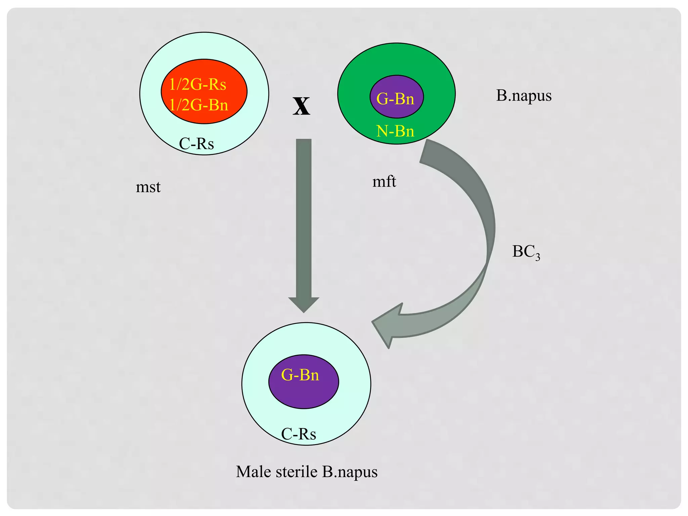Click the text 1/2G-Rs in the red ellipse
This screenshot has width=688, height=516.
pos(198,84)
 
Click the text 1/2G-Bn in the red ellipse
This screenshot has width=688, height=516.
pos(199,105)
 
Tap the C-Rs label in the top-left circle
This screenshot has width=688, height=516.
pos(196,144)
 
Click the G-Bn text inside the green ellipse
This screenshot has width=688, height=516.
pos(395,99)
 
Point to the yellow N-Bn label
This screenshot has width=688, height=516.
pos(395,131)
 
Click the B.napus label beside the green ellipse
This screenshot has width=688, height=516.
pos(524,96)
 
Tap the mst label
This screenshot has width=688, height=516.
pos(148,187)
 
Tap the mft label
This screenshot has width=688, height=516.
pos(384,182)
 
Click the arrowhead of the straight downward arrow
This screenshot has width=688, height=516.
pos(304,304)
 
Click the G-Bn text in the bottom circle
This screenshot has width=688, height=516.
pos(300,375)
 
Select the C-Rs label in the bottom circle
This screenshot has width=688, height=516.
pos(298,434)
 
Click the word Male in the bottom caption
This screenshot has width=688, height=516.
pos(253,472)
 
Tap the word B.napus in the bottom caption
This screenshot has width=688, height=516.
pos(350,472)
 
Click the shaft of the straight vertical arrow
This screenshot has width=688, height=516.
pos(304,218)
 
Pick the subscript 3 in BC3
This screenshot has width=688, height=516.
pos(537,257)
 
